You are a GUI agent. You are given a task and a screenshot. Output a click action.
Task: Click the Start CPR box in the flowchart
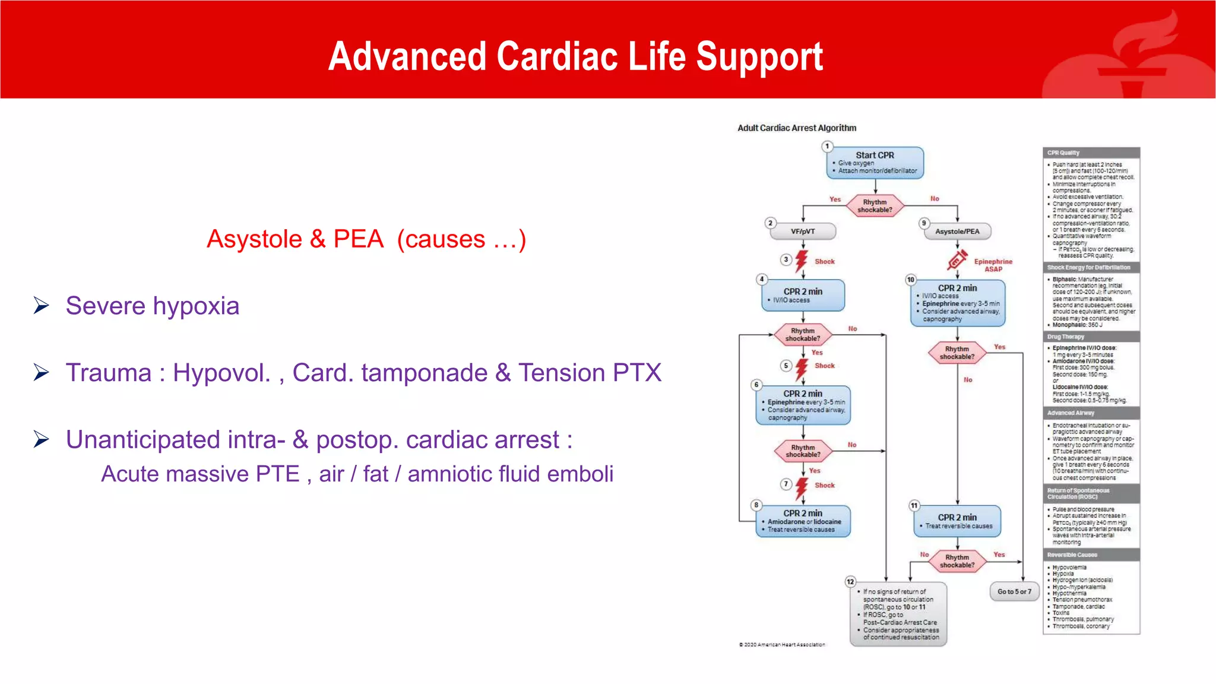pyautogui.click(x=875, y=162)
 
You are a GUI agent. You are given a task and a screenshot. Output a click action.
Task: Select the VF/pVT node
pyautogui.click(x=803, y=232)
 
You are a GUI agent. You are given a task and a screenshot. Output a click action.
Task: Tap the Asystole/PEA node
pyautogui.click(x=957, y=232)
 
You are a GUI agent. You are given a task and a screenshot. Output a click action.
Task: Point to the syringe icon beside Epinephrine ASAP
pyautogui.click(x=957, y=260)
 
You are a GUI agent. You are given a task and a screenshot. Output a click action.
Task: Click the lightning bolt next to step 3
pyautogui.click(x=802, y=261)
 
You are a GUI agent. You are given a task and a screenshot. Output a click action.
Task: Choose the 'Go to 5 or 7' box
pyautogui.click(x=1014, y=591)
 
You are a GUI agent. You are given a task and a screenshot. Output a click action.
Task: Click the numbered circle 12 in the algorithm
pyautogui.click(x=850, y=582)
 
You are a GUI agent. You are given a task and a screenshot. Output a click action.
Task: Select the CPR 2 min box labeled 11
pyautogui.click(x=957, y=521)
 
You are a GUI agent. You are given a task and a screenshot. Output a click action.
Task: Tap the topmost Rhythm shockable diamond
pyautogui.click(x=875, y=205)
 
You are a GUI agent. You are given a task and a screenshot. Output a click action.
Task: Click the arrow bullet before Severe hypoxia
pyautogui.click(x=42, y=305)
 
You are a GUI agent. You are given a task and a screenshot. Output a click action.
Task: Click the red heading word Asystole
pyautogui.click(x=254, y=239)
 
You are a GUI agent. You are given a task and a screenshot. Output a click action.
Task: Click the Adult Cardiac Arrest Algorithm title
pyautogui.click(x=796, y=128)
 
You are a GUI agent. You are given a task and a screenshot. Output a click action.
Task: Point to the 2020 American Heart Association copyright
pyautogui.click(x=782, y=644)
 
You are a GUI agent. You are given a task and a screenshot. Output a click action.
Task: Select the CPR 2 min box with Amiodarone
pyautogui.click(x=803, y=521)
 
